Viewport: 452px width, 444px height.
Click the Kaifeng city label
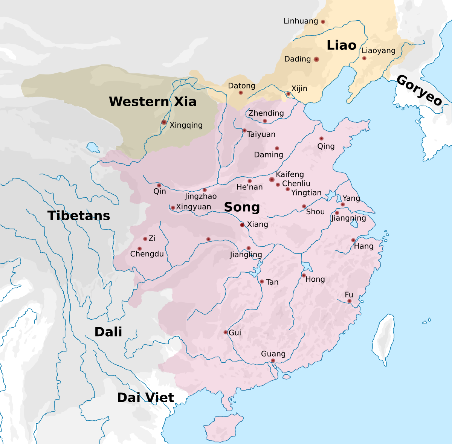click(x=290, y=175)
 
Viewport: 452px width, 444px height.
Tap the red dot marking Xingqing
click(x=164, y=122)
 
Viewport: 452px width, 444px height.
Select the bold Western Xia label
click(x=153, y=102)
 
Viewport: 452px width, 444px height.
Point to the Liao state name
click(x=341, y=46)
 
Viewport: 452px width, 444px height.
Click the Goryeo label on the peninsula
click(x=419, y=91)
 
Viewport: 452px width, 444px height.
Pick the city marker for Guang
click(x=273, y=361)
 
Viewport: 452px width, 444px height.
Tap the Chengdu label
click(x=147, y=254)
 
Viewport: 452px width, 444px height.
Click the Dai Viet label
click(x=145, y=398)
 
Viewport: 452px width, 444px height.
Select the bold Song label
click(x=242, y=208)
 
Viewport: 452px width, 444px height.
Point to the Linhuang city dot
click(x=323, y=22)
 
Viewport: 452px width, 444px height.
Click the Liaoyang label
click(x=379, y=51)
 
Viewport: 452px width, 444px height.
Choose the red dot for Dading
click(x=316, y=59)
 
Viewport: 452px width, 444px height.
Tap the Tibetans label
click(x=79, y=216)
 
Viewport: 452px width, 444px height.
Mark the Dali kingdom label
click(x=108, y=332)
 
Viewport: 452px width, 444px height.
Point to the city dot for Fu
click(x=350, y=301)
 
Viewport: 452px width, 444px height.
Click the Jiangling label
click(x=246, y=255)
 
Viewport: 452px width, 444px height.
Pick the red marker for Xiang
click(x=242, y=225)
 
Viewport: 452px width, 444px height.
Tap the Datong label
click(x=241, y=86)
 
